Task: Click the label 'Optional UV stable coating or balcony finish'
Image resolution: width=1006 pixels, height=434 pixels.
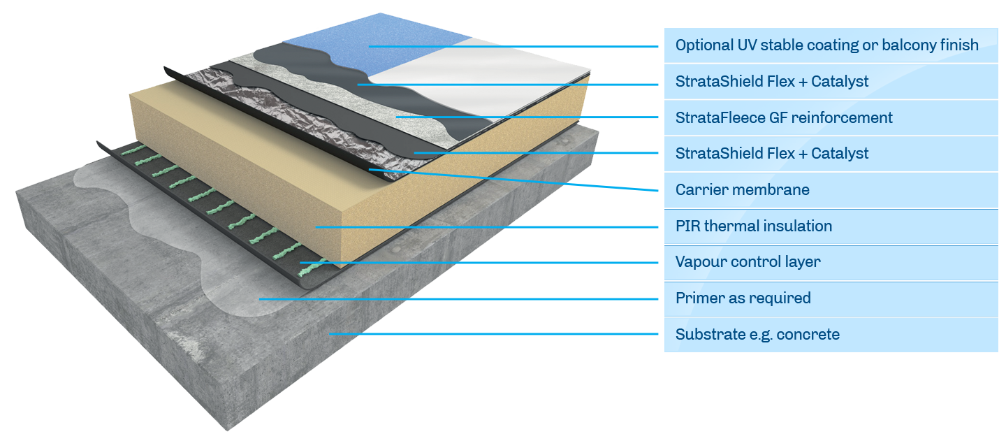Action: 826,45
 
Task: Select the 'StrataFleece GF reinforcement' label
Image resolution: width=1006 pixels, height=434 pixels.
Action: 783,117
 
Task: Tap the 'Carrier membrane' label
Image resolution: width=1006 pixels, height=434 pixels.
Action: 731,189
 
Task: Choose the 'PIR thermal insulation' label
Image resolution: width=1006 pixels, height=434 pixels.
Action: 753,226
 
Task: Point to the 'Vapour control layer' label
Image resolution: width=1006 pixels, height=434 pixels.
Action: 748,262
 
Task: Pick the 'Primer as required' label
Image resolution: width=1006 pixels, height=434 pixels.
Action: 743,298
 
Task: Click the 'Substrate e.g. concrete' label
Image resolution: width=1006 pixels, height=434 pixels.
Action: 757,335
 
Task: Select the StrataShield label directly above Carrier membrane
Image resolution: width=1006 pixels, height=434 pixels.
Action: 771,154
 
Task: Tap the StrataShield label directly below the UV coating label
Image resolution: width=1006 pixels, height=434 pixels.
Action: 771,82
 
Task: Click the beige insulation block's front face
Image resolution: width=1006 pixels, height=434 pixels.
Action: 279,210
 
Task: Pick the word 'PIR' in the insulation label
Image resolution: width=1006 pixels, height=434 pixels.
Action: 687,226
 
